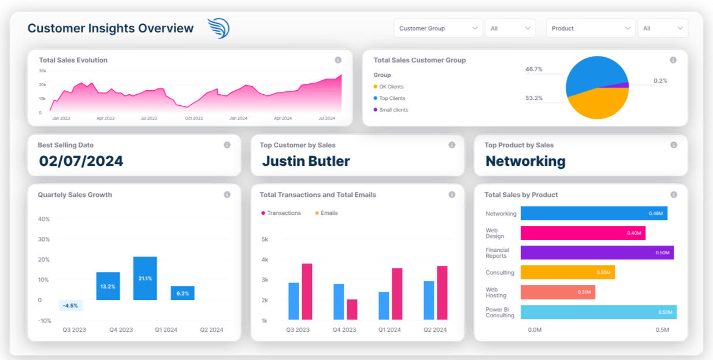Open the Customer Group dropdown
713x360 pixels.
(x=437, y=28)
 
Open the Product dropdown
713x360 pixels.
(x=590, y=28)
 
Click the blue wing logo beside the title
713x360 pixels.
(x=218, y=28)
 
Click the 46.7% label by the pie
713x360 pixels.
(x=533, y=69)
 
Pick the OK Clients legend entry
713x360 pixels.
(x=391, y=87)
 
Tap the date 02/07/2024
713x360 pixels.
(x=81, y=161)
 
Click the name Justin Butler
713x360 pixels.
(x=306, y=161)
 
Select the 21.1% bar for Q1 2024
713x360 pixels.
(x=145, y=278)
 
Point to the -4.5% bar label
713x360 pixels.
(x=70, y=306)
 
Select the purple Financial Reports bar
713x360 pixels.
(x=597, y=253)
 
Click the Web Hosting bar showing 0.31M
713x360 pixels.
(x=558, y=292)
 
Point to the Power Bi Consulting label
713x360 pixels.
(x=499, y=313)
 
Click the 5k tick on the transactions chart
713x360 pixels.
(x=265, y=239)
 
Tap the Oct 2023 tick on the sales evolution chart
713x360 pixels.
(x=194, y=118)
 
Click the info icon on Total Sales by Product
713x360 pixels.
(x=674, y=195)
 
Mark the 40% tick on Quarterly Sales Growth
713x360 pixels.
(x=44, y=219)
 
